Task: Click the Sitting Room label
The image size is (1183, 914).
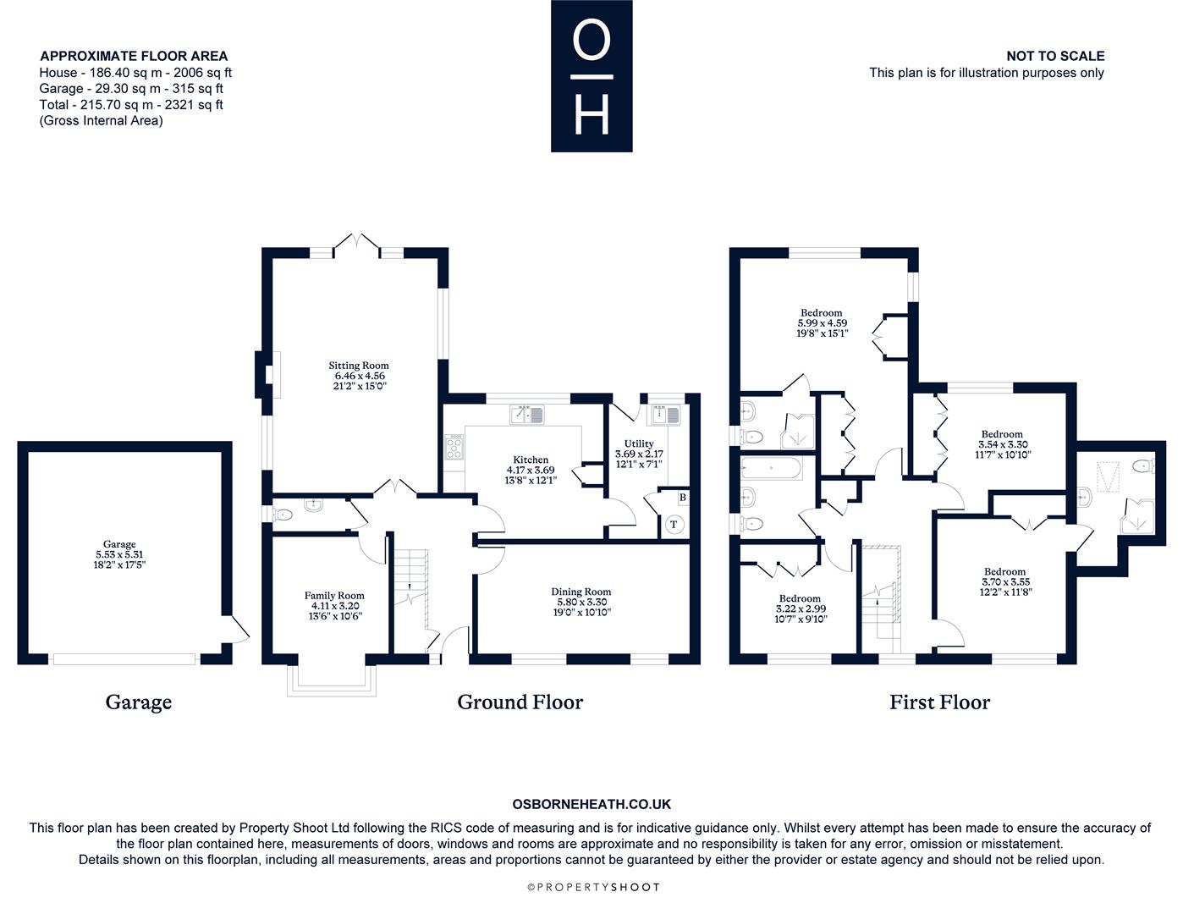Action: (358, 366)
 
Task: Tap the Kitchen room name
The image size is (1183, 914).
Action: (531, 460)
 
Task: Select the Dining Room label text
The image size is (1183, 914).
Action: (580, 592)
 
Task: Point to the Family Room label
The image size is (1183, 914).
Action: (334, 596)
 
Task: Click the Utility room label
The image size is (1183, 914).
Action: (639, 444)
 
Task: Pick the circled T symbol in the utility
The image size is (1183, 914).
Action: (674, 525)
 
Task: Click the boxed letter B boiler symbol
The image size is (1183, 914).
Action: (683, 498)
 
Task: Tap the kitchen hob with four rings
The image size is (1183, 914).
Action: (454, 448)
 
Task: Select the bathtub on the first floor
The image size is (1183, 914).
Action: (772, 468)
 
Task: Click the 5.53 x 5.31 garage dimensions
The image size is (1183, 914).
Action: (119, 554)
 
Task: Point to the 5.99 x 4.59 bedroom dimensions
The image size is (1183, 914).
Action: (822, 322)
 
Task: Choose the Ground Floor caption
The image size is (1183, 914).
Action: (520, 702)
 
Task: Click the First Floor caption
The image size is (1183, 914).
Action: (939, 702)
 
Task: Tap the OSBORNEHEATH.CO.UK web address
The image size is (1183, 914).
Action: (591, 804)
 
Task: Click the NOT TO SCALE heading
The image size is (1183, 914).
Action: (1055, 56)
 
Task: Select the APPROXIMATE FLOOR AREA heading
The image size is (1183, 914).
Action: (134, 56)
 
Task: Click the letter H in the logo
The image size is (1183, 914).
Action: (591, 115)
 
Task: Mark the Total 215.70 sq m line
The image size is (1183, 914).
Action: (131, 105)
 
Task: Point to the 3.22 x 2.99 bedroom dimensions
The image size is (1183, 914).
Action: (801, 608)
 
